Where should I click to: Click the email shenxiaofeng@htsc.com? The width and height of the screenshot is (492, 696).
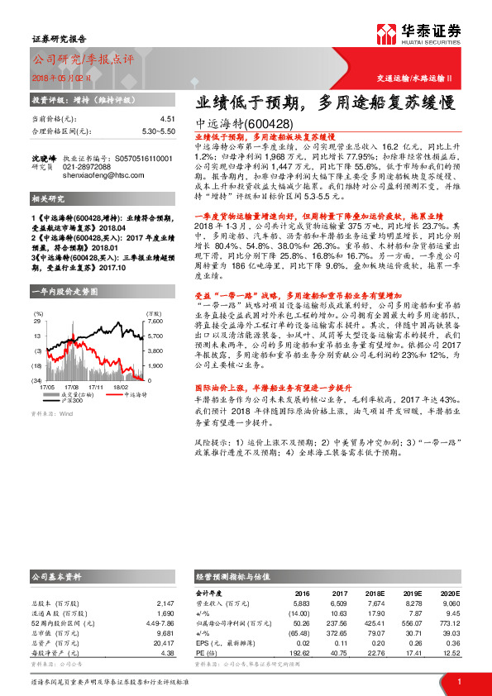click(x=98, y=174)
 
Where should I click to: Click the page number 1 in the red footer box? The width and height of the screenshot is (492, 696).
click(x=459, y=680)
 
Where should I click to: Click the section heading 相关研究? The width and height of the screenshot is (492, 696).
click(x=48, y=200)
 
